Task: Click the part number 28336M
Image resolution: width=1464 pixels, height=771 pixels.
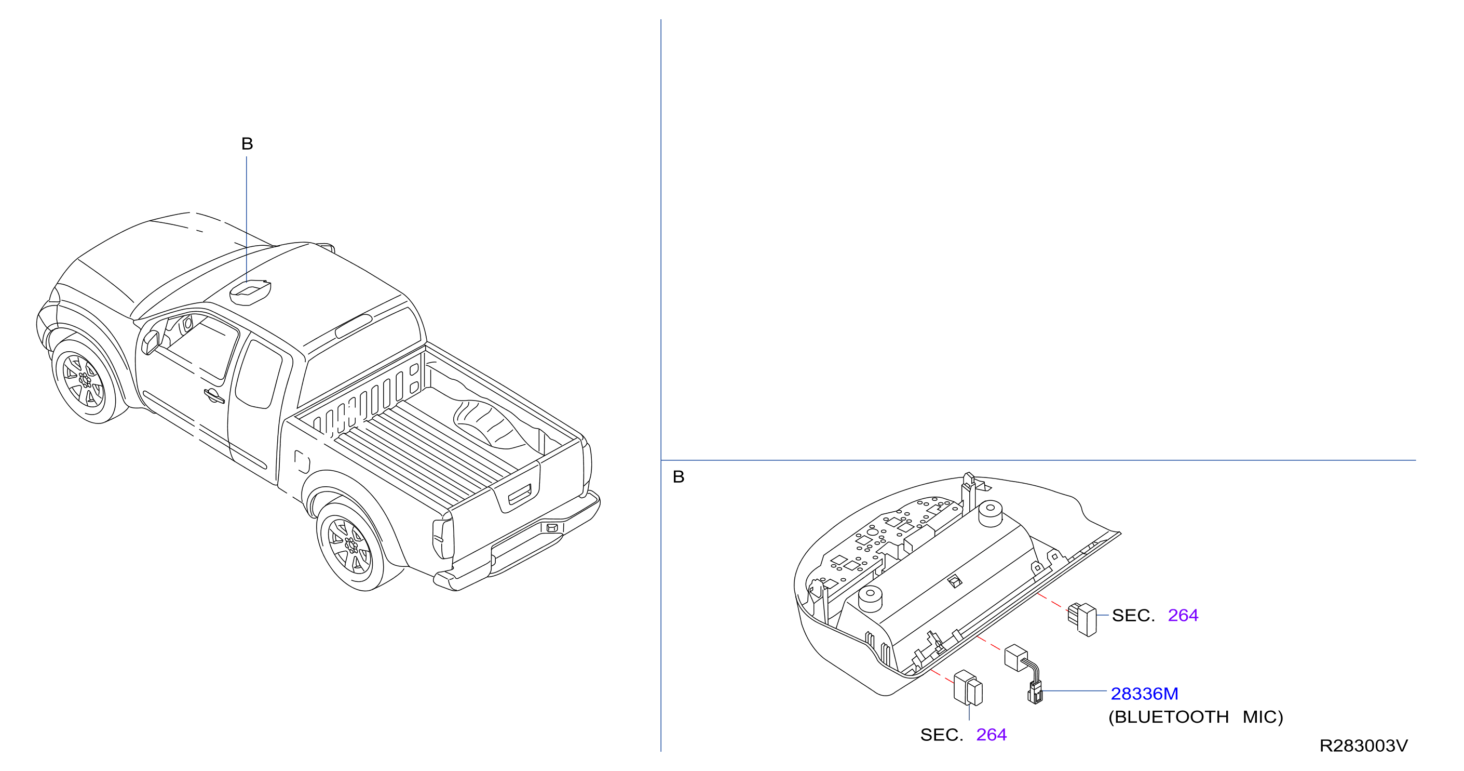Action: [x=1144, y=694]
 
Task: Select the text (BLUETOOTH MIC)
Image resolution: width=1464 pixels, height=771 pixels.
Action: [x=1195, y=717]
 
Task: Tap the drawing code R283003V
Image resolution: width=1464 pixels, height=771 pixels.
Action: [x=1363, y=746]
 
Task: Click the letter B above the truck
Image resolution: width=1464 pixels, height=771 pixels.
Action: [x=247, y=143]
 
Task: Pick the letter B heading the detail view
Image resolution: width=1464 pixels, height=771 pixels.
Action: [x=679, y=476]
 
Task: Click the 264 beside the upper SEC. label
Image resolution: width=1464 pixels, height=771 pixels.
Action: [x=1183, y=615]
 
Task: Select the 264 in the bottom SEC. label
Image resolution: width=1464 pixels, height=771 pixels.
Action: [x=991, y=735]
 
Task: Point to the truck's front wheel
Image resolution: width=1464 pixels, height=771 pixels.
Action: [x=85, y=380]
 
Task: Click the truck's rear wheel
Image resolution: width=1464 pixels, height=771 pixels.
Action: [x=350, y=546]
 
